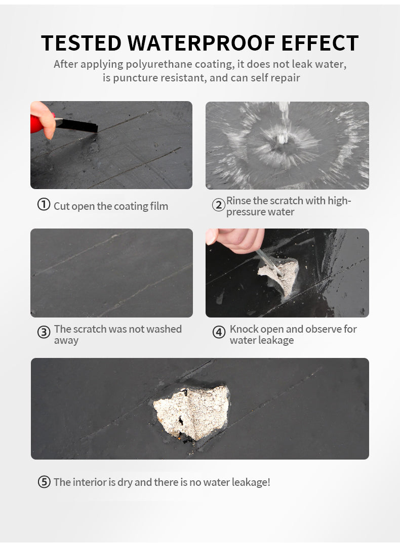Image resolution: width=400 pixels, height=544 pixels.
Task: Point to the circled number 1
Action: click(x=44, y=205)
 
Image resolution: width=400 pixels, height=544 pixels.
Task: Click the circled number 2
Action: click(x=218, y=205)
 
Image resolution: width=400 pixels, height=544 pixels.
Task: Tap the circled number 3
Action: click(x=44, y=333)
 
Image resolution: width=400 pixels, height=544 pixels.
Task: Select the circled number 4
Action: click(x=219, y=333)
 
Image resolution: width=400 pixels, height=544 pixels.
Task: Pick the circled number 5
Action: click(x=44, y=482)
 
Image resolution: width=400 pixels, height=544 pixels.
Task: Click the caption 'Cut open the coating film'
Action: click(x=111, y=206)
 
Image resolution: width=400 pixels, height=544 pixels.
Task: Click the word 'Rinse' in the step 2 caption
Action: click(x=238, y=201)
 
